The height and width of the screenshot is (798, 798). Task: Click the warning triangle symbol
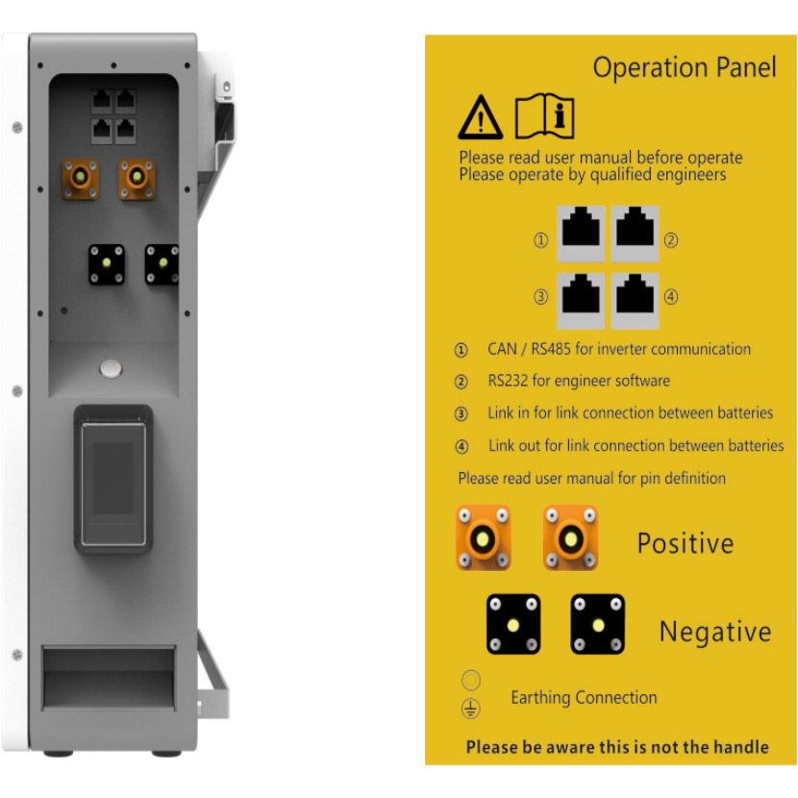(481, 117)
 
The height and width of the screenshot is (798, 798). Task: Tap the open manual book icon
(544, 116)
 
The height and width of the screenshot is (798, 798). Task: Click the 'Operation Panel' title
(685, 67)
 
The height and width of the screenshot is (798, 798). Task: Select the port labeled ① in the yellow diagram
(581, 234)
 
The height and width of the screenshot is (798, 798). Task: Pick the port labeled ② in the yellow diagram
(636, 234)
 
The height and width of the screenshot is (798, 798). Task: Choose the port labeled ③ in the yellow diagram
(581, 300)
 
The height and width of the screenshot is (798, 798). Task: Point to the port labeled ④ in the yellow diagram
(636, 300)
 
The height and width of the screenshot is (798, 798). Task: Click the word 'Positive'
(686, 543)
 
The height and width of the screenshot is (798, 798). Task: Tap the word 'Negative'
(715, 632)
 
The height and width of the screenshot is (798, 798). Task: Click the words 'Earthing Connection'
(584, 698)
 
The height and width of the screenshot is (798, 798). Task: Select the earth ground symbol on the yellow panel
(471, 709)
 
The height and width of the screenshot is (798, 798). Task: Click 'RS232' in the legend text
(508, 381)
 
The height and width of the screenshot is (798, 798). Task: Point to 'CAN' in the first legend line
(502, 349)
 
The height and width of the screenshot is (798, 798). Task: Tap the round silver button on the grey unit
(111, 368)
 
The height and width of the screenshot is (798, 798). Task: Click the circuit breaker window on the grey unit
(113, 479)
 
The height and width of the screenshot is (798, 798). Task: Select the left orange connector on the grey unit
(81, 179)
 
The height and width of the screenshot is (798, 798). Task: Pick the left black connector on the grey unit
(107, 264)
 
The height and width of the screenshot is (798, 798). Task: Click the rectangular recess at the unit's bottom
(109, 678)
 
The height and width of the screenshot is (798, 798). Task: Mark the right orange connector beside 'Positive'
(570, 538)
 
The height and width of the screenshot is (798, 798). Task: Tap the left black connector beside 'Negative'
(513, 624)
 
